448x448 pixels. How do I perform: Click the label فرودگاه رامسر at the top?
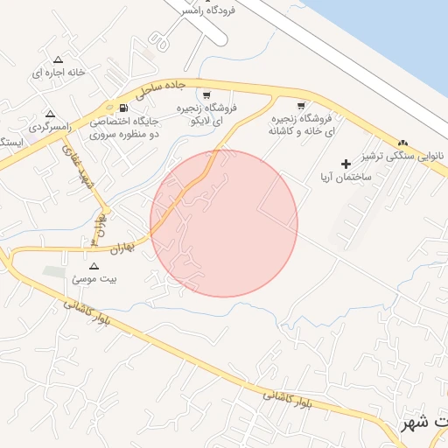(x=209, y=10)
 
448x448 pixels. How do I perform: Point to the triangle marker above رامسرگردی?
(x=50, y=114)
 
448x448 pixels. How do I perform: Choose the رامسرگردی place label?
(x=48, y=128)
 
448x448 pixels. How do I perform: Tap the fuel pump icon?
(x=122, y=108)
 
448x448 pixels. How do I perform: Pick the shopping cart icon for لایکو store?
(x=206, y=95)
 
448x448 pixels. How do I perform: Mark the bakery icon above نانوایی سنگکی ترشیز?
(x=402, y=143)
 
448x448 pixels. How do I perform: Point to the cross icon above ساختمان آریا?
(x=346, y=164)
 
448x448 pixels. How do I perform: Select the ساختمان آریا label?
(x=346, y=177)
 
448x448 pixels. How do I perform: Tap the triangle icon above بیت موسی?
(x=94, y=265)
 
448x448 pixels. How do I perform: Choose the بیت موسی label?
(x=94, y=279)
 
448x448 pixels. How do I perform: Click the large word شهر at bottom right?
(x=417, y=423)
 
